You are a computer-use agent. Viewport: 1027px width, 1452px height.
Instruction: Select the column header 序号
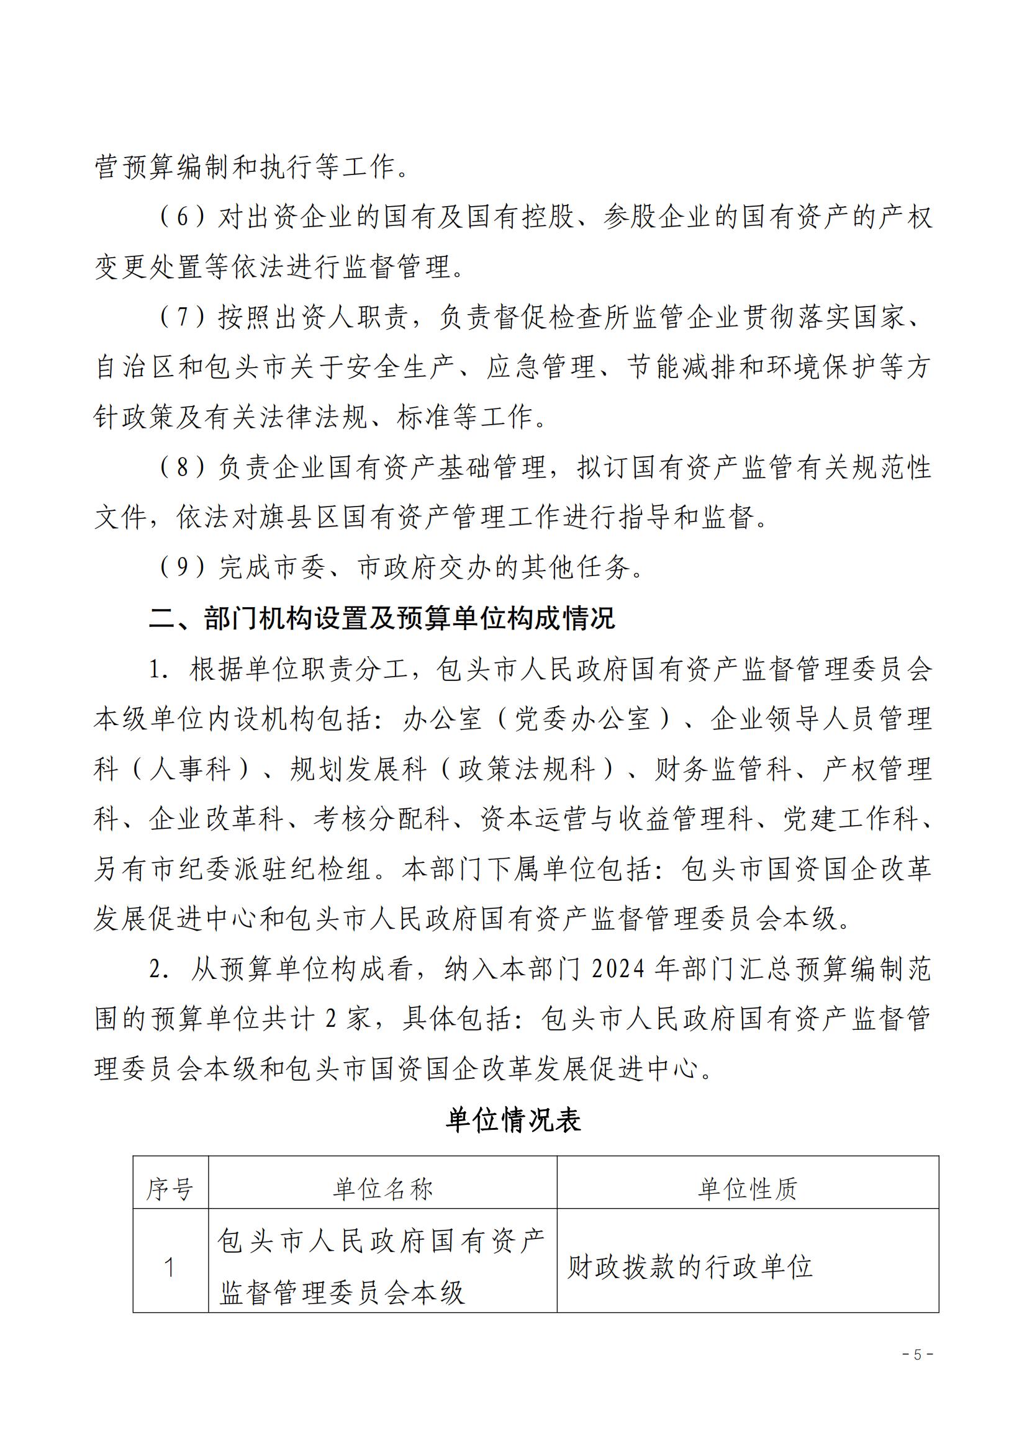170,1189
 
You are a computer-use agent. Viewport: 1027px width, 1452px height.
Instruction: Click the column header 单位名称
382,1189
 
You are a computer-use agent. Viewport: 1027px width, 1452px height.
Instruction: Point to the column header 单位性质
748,1189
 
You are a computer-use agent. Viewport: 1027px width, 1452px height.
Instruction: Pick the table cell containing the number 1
170,1268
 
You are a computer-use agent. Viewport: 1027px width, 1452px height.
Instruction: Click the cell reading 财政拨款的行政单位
689,1268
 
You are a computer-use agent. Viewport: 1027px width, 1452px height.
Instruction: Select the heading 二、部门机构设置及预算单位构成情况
381,618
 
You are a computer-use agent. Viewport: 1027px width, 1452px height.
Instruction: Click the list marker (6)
182,217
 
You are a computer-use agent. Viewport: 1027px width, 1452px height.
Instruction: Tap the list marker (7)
182,317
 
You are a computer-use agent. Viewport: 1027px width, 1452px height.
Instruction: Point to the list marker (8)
182,467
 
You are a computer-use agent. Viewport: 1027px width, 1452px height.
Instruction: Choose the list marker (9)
182,567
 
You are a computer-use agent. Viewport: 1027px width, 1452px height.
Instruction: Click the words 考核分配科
381,819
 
